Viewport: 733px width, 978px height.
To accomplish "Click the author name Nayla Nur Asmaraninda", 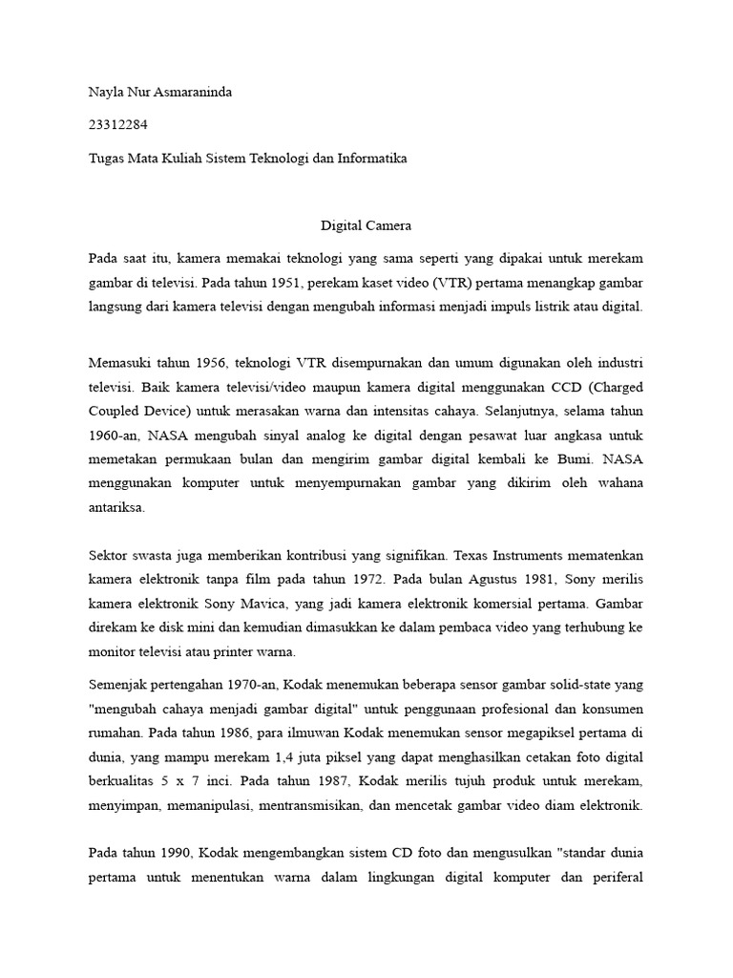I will (x=159, y=93).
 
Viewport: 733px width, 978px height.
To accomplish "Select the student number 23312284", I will (x=116, y=125).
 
